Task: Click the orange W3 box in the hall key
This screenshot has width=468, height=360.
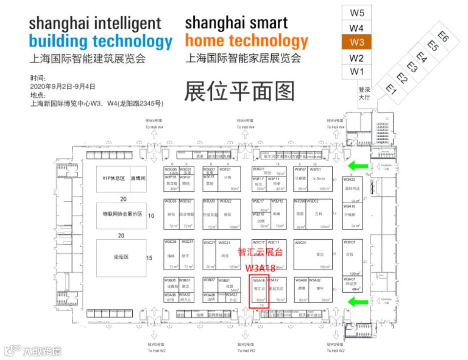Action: [357, 42]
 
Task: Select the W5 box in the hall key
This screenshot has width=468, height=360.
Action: [357, 13]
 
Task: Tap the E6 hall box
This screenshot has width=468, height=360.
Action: [443, 37]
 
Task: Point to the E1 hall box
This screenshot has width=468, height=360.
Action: [390, 88]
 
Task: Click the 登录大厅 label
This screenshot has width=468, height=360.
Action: [365, 93]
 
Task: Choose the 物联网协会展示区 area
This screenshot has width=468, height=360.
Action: [122, 214]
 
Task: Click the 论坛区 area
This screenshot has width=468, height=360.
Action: [121, 257]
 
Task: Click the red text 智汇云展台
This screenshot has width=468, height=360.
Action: [260, 253]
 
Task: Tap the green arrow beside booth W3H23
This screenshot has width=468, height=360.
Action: [356, 166]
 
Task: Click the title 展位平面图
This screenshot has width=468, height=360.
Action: [239, 91]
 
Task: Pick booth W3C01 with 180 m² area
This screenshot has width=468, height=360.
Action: [313, 254]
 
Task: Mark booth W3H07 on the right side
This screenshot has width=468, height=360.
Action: [352, 254]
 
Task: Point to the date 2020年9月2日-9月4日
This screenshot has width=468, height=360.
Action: [62, 86]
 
